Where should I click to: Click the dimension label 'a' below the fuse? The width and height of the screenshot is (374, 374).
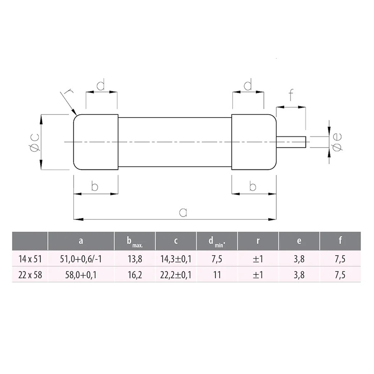[x=183, y=212]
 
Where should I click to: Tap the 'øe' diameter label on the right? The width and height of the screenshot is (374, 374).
[x=338, y=143]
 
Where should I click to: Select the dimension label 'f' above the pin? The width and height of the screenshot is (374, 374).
[x=290, y=96]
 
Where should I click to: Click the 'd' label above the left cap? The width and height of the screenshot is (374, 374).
[x=101, y=86]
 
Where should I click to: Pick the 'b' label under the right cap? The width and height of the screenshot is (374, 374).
[x=253, y=186]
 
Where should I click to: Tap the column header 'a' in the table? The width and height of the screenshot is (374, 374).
[x=81, y=241]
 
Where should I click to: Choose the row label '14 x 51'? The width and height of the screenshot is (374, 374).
[x=29, y=259]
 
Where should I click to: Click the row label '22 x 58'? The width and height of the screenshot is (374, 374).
[x=29, y=275]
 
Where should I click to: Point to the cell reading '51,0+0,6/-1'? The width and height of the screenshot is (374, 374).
[x=81, y=259]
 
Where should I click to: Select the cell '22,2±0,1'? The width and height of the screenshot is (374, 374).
[x=176, y=275]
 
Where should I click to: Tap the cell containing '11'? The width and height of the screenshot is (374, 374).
[x=217, y=275]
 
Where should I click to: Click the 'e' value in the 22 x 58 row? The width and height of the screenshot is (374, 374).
[x=298, y=275]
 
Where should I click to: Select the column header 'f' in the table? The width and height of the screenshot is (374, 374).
[x=340, y=241]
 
